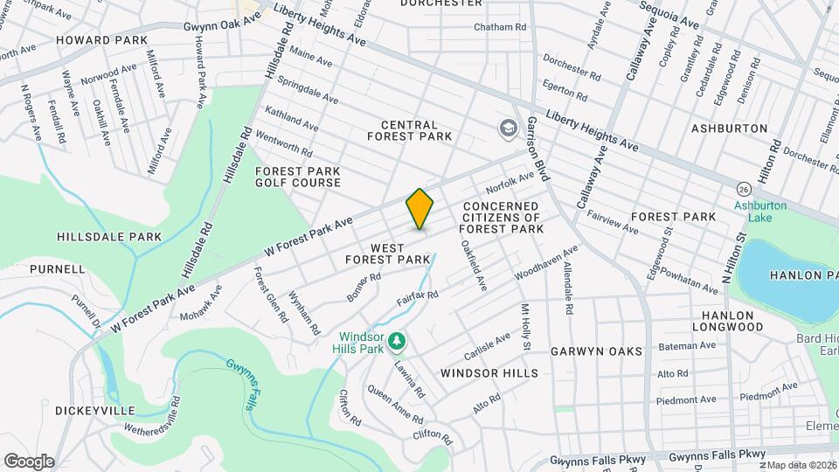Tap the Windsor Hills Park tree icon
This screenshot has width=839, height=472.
click(x=396, y=337)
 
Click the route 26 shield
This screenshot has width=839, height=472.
click(x=743, y=189)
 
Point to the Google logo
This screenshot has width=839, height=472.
click(x=28, y=461)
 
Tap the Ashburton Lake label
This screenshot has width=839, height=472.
click(x=761, y=212)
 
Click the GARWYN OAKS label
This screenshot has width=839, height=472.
click(x=597, y=351)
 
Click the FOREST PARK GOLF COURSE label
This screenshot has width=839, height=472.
click(x=298, y=177)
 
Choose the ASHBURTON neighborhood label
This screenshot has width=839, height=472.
click(x=730, y=128)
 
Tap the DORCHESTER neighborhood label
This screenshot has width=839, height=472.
click(x=441, y=3)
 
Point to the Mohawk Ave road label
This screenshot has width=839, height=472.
click(x=202, y=300)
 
